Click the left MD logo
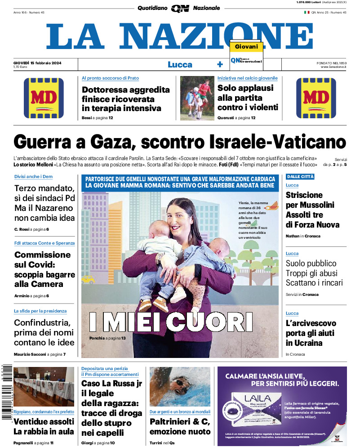click(x=44, y=98)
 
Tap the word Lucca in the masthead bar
click(x=180, y=65)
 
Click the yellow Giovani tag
click(x=246, y=47)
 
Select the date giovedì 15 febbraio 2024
click(x=37, y=63)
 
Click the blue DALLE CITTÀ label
click(x=300, y=177)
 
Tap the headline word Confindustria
click(x=42, y=322)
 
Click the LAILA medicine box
click(x=254, y=410)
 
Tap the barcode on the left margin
click(x=6, y=391)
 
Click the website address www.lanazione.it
click(x=333, y=67)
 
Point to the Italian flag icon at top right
click(x=307, y=13)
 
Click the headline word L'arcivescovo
click(x=311, y=323)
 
